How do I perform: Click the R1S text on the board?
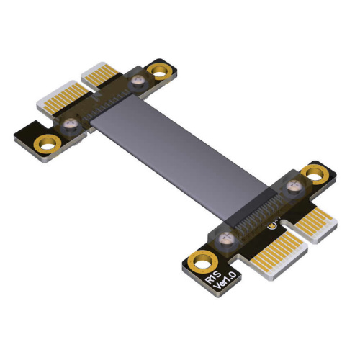(x=213, y=276)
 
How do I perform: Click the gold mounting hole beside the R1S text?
(x=203, y=263)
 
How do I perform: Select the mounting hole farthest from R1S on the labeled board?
(x=315, y=174)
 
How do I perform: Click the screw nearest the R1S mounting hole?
(x=226, y=240)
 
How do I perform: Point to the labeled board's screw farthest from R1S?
(x=294, y=186)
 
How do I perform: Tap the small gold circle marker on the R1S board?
(x=272, y=226)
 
